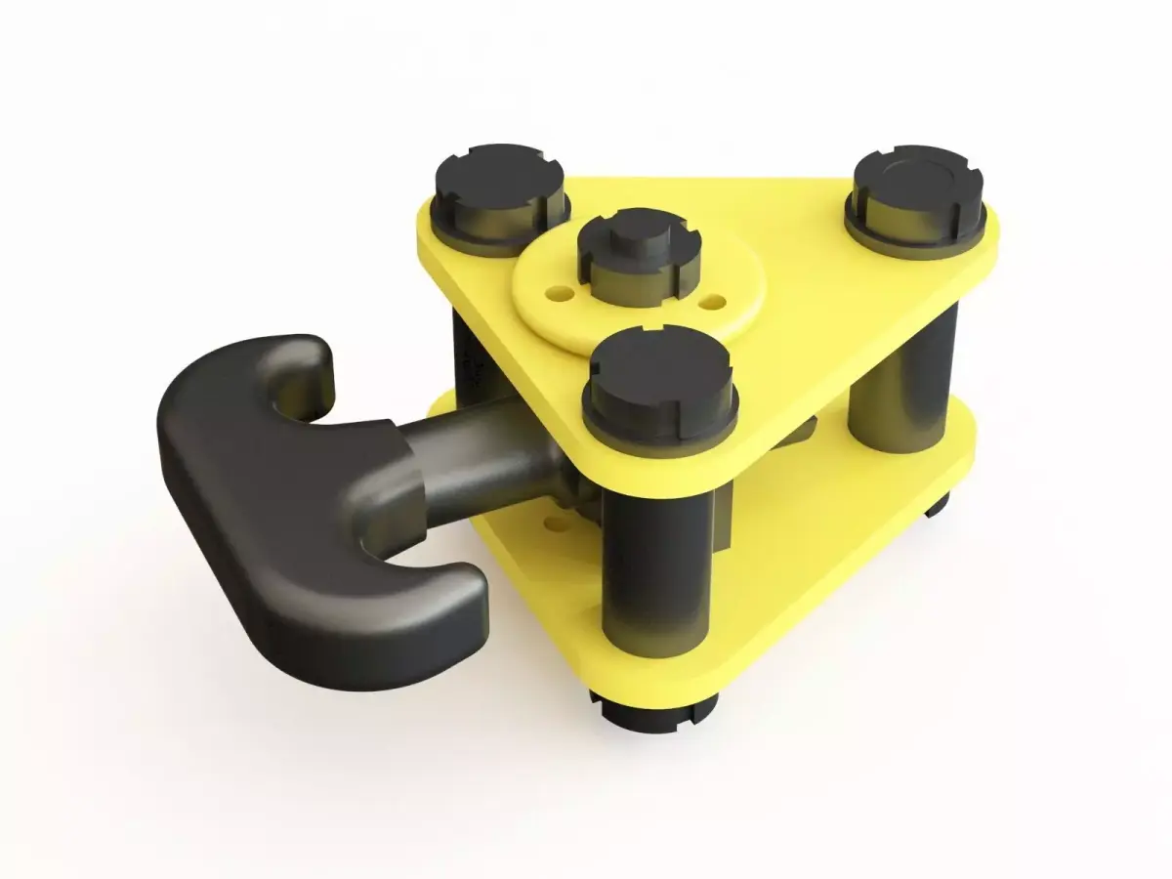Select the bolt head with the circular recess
point(916,186)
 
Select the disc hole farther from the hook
point(716,299)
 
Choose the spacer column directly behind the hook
point(467,361)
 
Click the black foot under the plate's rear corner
point(936,504)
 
